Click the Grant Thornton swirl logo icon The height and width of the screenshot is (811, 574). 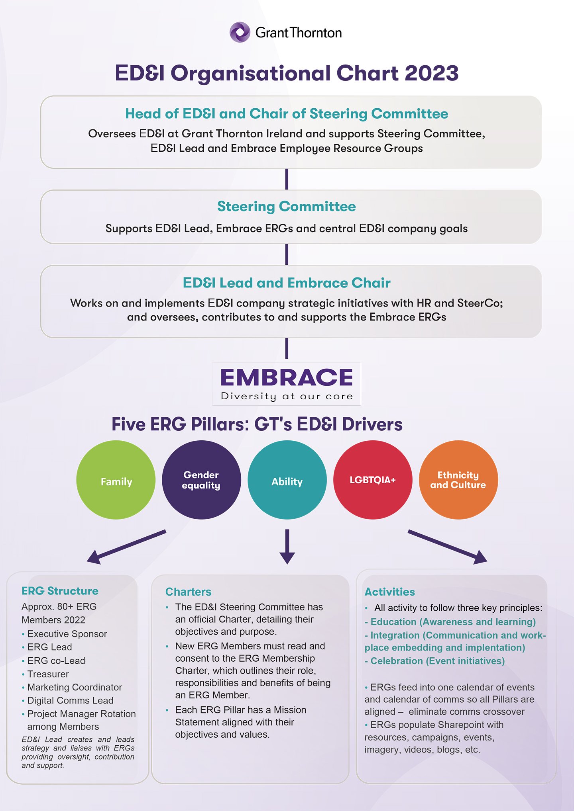240,32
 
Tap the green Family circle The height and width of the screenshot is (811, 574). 116,480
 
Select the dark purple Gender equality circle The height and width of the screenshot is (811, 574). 201,480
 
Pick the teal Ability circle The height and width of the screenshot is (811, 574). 287,480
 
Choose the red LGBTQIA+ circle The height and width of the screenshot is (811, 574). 373,480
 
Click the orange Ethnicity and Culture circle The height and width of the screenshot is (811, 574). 458,480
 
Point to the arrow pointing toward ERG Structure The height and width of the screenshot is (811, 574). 126,546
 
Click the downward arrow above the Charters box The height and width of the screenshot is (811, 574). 287,546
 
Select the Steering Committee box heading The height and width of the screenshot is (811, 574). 286,207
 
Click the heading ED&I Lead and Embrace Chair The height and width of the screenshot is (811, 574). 286,283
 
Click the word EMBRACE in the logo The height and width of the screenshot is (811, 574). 287,377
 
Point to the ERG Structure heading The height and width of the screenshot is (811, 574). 60,591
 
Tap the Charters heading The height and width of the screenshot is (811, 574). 188,592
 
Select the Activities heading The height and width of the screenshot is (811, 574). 389,592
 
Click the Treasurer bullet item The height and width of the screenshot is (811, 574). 48,674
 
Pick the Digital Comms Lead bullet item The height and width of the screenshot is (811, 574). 70,700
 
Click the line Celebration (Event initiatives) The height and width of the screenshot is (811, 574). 437,661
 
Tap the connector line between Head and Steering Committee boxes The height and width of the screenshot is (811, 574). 287,179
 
